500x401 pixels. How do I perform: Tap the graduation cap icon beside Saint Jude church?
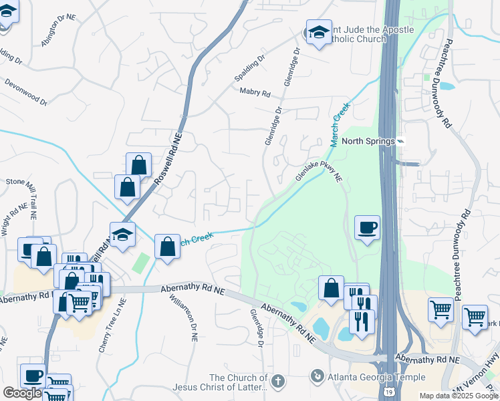click(318, 33)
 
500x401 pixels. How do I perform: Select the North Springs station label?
click(368, 141)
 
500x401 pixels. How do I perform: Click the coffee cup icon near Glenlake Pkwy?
click(367, 228)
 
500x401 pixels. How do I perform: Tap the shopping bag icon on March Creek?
click(166, 247)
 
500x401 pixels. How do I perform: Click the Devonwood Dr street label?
click(26, 93)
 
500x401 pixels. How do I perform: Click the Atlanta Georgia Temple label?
click(376, 377)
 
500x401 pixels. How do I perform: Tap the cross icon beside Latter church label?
click(277, 381)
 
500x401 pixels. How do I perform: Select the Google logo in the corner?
click(22, 393)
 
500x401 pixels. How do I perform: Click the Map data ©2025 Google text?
click(458, 396)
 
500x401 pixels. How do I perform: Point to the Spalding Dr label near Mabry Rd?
click(249, 70)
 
